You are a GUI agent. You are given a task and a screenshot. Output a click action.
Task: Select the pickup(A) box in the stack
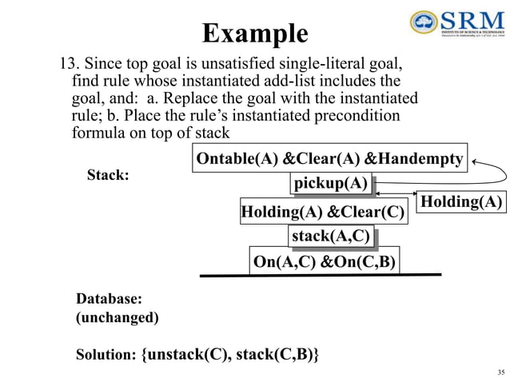point(332,185)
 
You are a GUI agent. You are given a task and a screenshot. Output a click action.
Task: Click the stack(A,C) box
point(331,236)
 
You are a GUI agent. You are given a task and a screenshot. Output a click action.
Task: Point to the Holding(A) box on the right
point(462,203)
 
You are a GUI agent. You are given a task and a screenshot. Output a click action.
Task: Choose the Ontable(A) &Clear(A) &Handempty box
point(329,159)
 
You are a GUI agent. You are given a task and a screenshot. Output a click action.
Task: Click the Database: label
point(110,299)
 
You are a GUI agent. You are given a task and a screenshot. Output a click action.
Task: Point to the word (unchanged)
point(118,317)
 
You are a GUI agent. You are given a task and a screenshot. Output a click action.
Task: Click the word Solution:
point(106,354)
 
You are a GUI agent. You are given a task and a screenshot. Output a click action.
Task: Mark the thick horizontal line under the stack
point(320,275)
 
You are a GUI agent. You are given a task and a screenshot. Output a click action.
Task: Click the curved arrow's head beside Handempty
point(473,163)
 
